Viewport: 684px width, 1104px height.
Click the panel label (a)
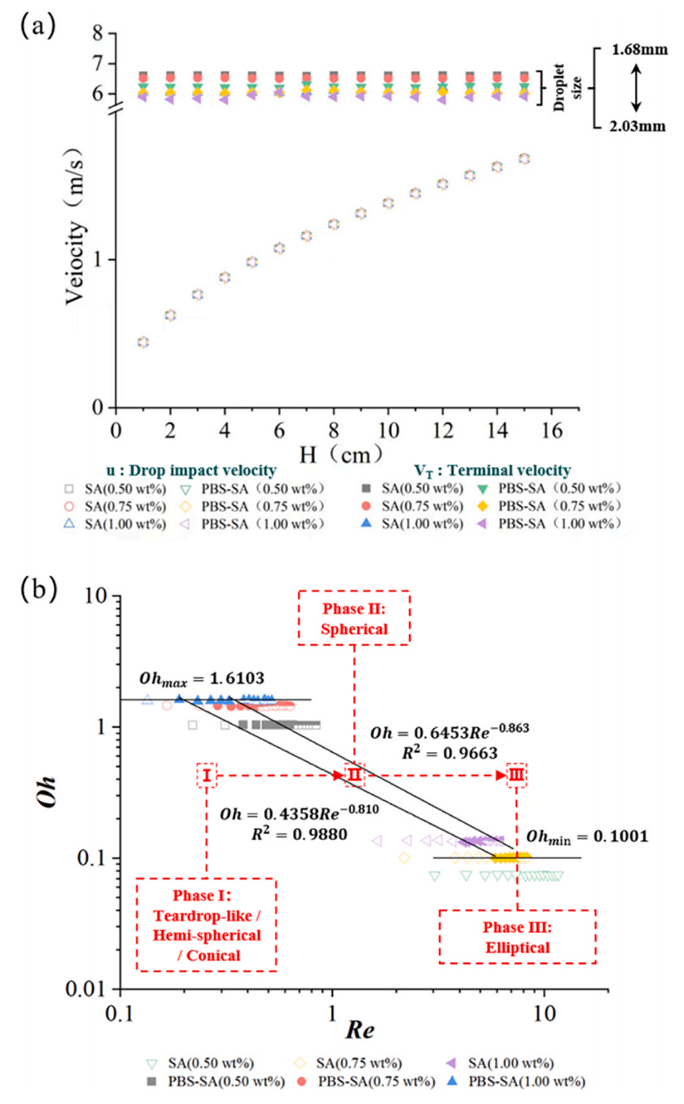[37, 27]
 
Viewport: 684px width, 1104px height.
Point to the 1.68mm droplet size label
[639, 49]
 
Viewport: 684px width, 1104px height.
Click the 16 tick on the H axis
[551, 430]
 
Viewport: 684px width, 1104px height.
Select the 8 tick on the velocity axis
[98, 33]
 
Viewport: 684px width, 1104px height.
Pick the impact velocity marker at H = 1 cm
[143, 342]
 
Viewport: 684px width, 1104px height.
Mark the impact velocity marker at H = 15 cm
[524, 158]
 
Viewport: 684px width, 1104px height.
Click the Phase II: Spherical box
[354, 618]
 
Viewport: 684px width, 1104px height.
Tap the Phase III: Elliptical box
[517, 937]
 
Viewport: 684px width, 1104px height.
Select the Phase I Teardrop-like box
[206, 925]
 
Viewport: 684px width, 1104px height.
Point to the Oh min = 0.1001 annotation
[587, 837]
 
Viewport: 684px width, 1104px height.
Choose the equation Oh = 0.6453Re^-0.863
[449, 732]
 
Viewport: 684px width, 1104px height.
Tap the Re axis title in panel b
[360, 1030]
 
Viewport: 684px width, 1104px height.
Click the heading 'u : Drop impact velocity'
[191, 471]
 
